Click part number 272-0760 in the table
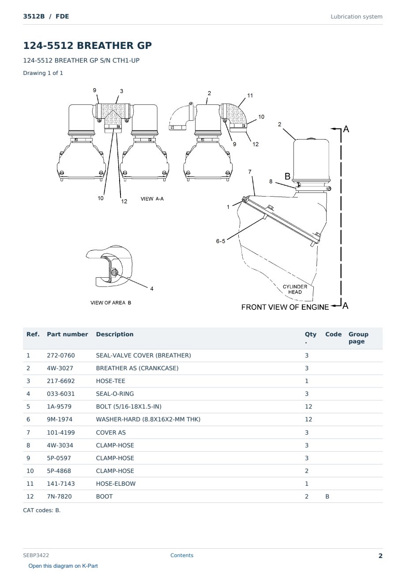61,355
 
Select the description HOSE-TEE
110,381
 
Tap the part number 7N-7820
59,496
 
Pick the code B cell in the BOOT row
327,496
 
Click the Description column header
114,335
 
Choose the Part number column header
68,335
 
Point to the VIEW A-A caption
152,199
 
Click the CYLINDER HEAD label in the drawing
295,289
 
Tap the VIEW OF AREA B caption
111,303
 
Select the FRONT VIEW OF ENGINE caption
285,307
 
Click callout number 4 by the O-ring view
152,289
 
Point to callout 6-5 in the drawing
220,241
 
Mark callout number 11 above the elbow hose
250,95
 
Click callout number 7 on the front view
250,172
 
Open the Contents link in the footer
182,555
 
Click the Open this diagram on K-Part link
63,566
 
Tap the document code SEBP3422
36,555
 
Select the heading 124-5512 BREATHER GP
87,45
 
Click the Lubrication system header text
357,17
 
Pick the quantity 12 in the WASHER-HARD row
308,419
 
